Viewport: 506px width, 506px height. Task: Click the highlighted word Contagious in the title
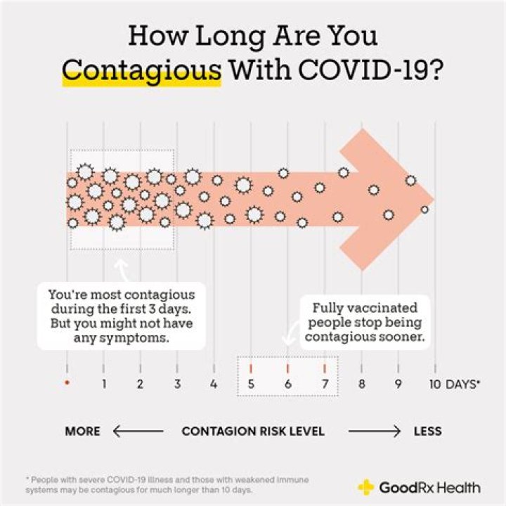tap(141, 72)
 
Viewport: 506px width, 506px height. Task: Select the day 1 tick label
tap(104, 384)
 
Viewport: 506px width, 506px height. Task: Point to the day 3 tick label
tap(177, 384)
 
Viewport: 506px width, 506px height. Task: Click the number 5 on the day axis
tap(251, 384)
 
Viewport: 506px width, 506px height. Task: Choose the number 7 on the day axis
tap(324, 384)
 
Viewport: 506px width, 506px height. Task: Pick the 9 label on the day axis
tap(398, 384)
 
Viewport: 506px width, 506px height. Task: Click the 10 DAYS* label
tap(454, 384)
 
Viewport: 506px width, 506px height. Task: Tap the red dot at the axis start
tap(67, 383)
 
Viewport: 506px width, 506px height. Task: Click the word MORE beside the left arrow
tap(82, 431)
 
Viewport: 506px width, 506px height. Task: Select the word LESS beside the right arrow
tap(427, 431)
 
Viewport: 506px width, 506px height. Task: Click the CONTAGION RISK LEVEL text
tap(253, 431)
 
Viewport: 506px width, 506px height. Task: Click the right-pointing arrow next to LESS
tap(374, 431)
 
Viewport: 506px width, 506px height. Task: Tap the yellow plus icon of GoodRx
tap(366, 487)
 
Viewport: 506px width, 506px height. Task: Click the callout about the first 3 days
tap(121, 316)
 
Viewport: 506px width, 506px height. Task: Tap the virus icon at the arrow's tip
tap(424, 209)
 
